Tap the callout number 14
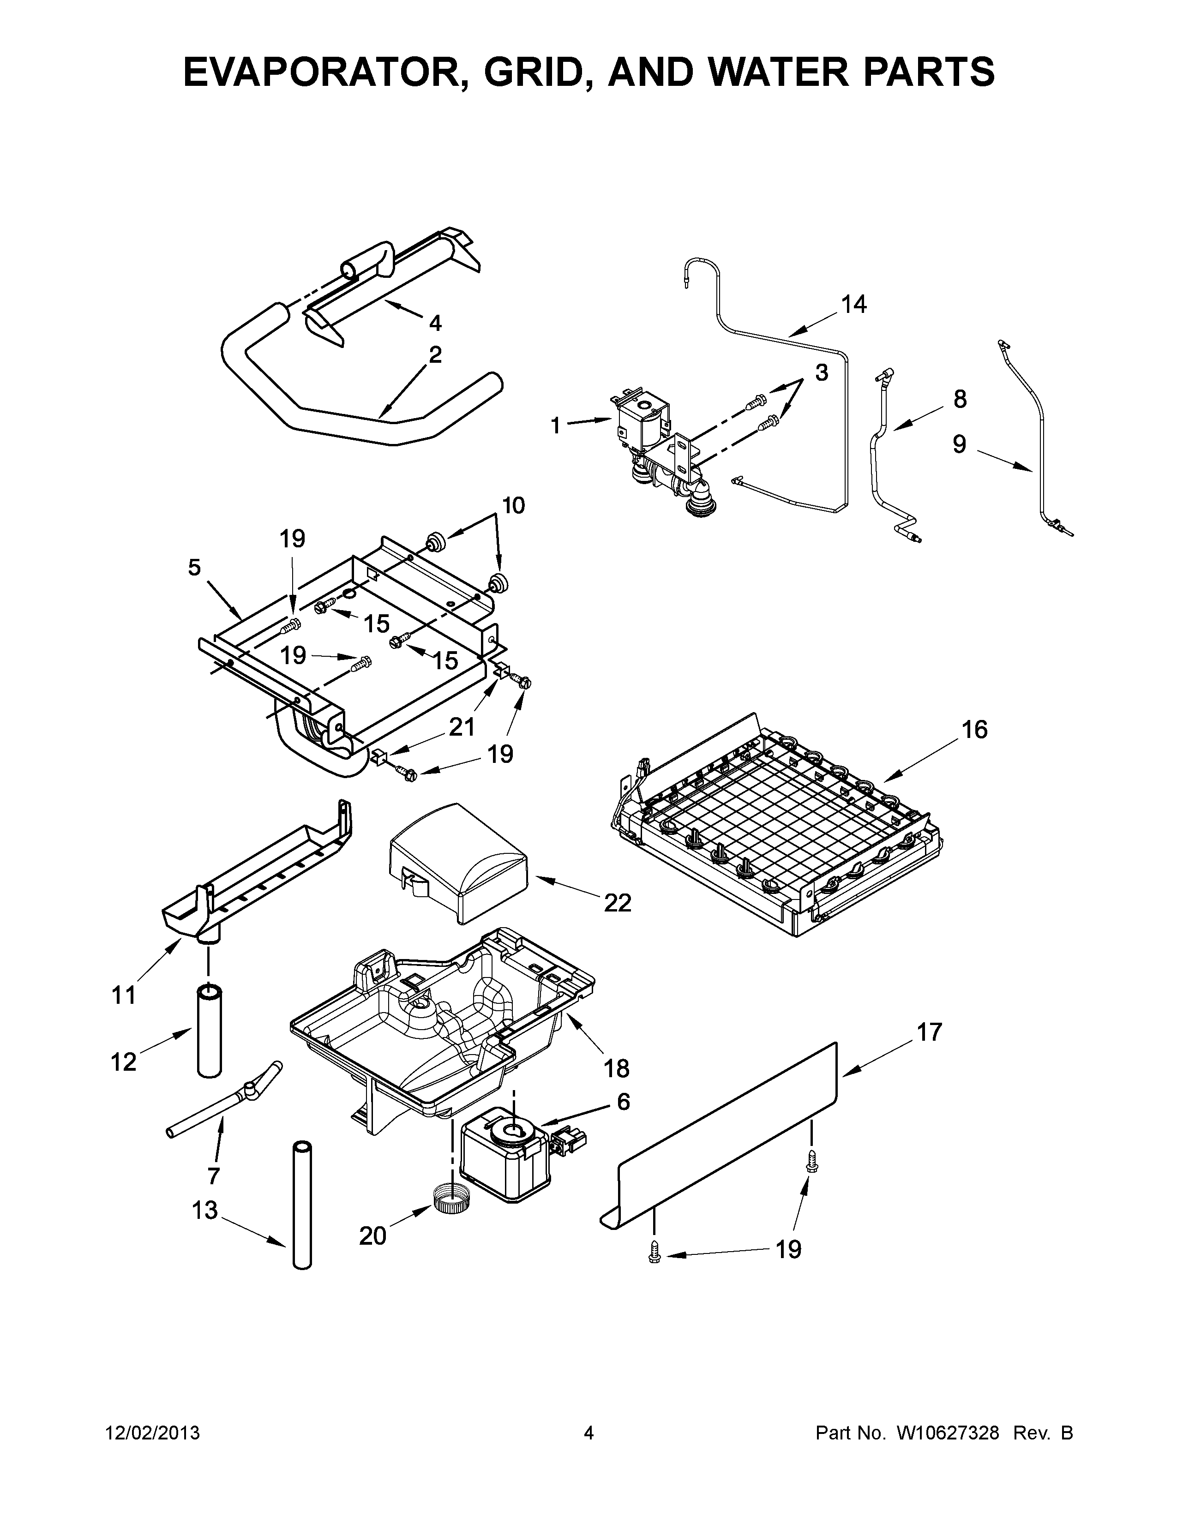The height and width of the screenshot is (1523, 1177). (853, 304)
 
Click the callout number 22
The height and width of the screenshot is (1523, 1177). (617, 903)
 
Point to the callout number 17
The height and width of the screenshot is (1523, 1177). (929, 1032)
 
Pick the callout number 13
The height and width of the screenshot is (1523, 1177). (205, 1211)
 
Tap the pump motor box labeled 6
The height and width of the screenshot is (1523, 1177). (504, 1157)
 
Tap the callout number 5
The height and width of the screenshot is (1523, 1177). (194, 568)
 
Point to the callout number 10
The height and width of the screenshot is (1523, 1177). (513, 505)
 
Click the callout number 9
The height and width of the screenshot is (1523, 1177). (960, 444)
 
